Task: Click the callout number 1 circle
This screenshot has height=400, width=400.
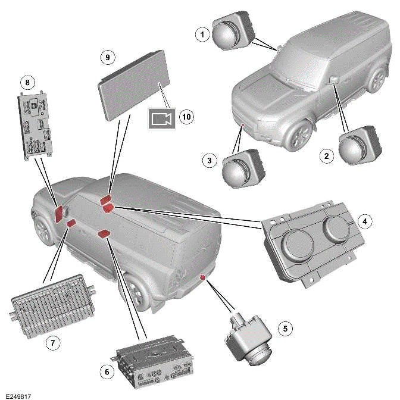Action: point(204,35)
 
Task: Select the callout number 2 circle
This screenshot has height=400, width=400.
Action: point(326,157)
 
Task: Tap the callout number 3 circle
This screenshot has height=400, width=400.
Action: point(208,161)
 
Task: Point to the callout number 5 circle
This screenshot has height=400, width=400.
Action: point(285,328)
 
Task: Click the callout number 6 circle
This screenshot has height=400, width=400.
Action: point(107,371)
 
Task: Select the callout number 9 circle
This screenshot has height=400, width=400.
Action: point(107,57)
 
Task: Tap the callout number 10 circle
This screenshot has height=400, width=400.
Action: point(186,117)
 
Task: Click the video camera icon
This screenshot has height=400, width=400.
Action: point(161,119)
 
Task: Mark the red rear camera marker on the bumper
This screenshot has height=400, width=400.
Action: point(203,277)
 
